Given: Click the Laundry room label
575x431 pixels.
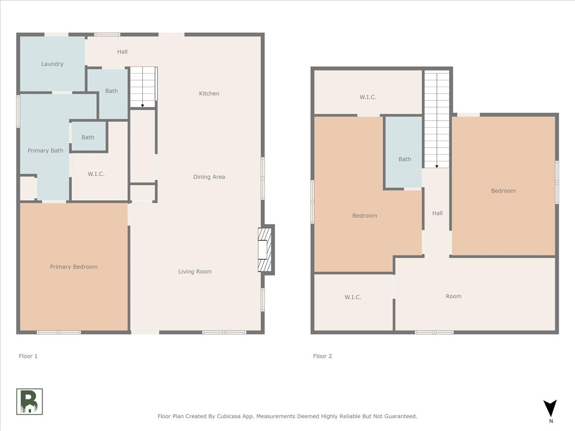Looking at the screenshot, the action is [x=52, y=64].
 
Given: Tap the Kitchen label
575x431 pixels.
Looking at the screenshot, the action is [x=209, y=93].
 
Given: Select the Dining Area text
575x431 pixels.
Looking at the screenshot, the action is [x=209, y=177].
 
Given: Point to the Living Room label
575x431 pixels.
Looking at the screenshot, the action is [x=195, y=272].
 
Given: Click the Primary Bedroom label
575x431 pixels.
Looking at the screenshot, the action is [x=74, y=267].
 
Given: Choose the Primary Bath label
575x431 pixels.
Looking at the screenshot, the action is [x=46, y=150].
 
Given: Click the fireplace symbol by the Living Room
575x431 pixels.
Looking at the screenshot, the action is [x=265, y=250].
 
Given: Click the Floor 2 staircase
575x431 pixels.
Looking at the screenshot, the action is [x=437, y=119].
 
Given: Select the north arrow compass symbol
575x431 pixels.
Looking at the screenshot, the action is [x=550, y=408].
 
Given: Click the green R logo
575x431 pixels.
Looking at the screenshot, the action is [x=29, y=401].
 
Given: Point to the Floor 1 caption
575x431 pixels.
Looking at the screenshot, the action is [x=28, y=356].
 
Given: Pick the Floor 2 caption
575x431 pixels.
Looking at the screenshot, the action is [x=322, y=356].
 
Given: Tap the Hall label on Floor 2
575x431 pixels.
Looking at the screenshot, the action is [x=437, y=213].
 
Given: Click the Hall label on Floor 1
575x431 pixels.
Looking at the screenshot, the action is [x=122, y=52].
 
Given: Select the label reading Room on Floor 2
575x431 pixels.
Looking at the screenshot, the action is [x=453, y=296].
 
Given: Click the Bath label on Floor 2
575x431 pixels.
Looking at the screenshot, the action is [x=405, y=159].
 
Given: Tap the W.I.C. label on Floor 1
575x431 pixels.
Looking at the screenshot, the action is [x=96, y=174].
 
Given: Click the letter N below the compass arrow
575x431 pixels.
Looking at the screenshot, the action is [x=551, y=421].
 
